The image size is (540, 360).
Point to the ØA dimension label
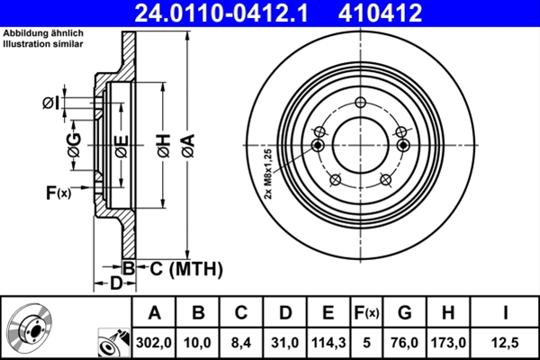click(x=187, y=143)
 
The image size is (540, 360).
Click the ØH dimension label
click(x=163, y=143)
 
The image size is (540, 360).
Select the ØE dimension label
click(x=120, y=143)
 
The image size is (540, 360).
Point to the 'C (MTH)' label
click(x=179, y=267)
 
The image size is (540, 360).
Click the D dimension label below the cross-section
click(x=116, y=283)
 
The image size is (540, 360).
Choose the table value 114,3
click(x=328, y=342)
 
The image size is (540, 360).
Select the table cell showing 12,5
click(x=505, y=342)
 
